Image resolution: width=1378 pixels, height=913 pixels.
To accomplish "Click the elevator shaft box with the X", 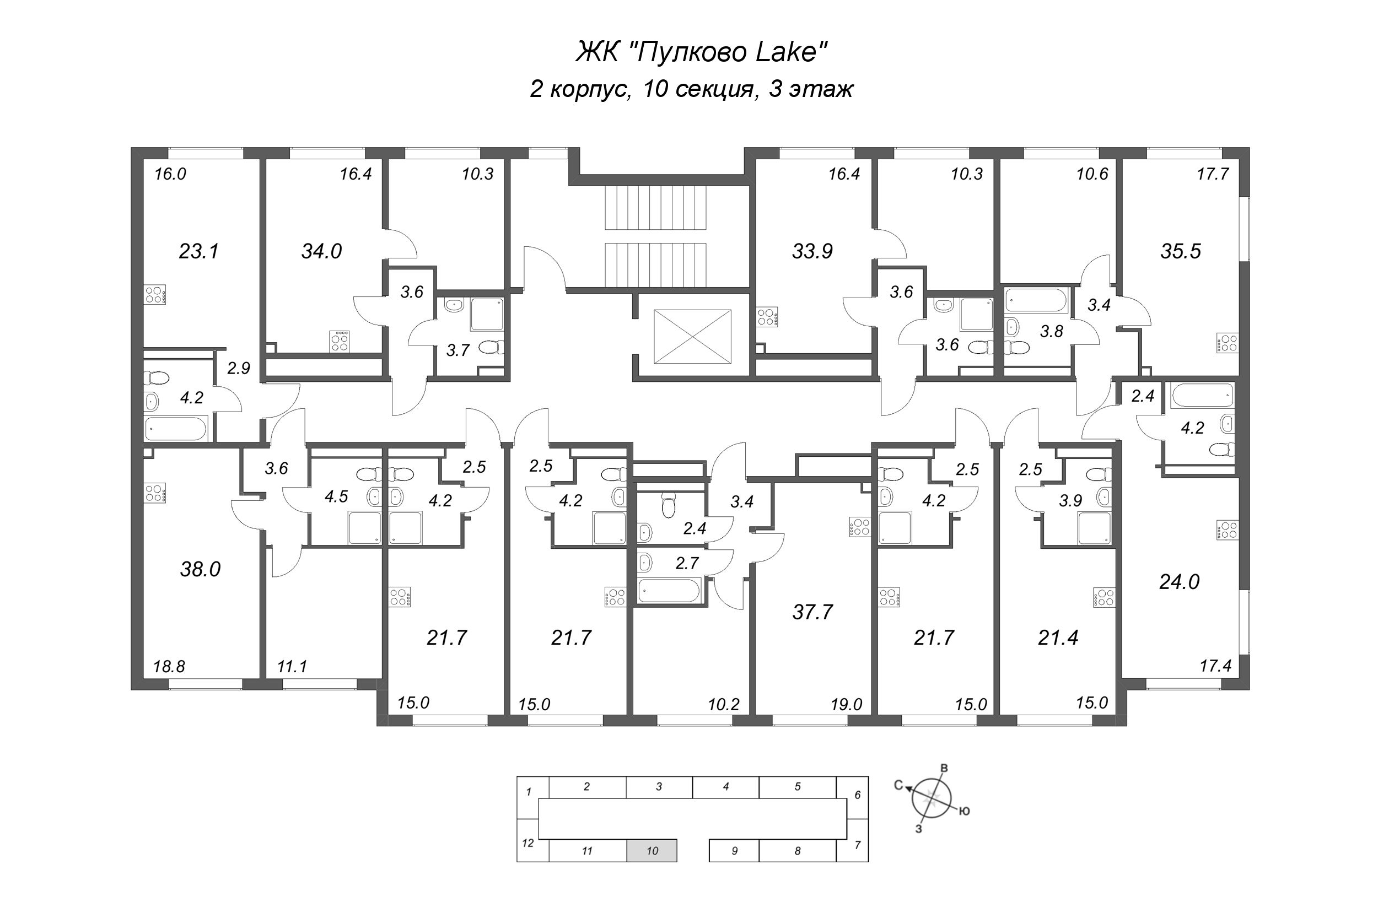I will pyautogui.click(x=692, y=337).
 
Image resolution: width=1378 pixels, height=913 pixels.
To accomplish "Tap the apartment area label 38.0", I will pyautogui.click(x=200, y=569).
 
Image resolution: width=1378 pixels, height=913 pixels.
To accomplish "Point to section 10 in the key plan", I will pyautogui.click(x=652, y=851).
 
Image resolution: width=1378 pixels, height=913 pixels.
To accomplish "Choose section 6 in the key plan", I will pyautogui.click(x=857, y=795).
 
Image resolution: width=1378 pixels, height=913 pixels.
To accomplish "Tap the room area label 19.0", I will pyautogui.click(x=846, y=705).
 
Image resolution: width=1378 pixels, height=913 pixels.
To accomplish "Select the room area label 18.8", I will pyautogui.click(x=169, y=666).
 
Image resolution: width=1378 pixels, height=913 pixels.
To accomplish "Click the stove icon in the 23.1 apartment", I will pyautogui.click(x=155, y=295).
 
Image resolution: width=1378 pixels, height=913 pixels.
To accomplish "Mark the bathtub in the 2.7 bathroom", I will pyautogui.click(x=668, y=591).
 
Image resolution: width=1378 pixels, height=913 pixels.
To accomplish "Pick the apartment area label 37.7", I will pyautogui.click(x=812, y=612).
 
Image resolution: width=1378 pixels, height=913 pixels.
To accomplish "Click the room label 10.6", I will pyautogui.click(x=1091, y=174).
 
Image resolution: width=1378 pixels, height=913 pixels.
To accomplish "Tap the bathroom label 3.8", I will pyautogui.click(x=1051, y=331).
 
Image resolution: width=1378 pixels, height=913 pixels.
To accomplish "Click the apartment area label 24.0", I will pyautogui.click(x=1179, y=582).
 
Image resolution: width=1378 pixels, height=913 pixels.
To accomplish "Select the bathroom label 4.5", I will pyautogui.click(x=336, y=496).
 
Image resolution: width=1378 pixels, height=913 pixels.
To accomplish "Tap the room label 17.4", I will pyautogui.click(x=1215, y=666).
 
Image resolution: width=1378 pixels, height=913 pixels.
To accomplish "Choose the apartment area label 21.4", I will pyautogui.click(x=1058, y=638).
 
